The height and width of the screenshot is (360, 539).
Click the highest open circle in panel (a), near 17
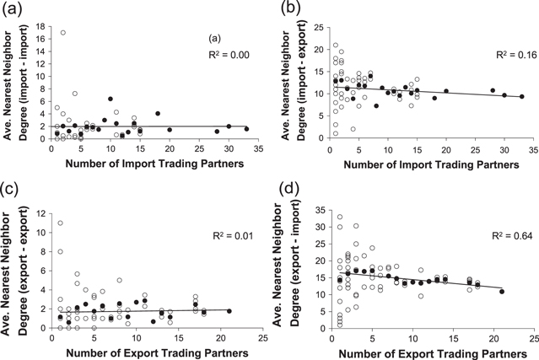coord(63,33)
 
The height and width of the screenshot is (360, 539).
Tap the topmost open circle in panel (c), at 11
coord(61,200)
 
